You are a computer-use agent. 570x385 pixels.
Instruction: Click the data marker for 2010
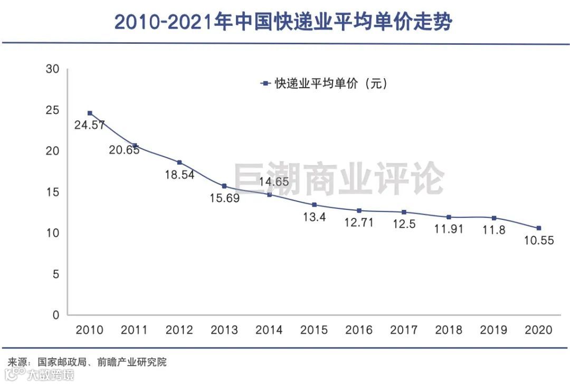click(90, 113)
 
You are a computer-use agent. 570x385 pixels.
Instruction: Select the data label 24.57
click(90, 125)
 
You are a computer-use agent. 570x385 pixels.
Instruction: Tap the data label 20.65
click(125, 150)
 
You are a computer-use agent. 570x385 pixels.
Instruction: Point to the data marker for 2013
click(224, 186)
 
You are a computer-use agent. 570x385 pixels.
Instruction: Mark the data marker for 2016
click(359, 210)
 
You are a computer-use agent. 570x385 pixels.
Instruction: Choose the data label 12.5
click(404, 224)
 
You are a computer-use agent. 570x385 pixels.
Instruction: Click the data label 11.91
click(449, 229)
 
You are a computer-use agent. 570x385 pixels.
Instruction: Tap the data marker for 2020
click(539, 228)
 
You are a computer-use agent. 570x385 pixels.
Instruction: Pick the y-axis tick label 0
click(56, 315)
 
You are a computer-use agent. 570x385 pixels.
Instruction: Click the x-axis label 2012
click(179, 330)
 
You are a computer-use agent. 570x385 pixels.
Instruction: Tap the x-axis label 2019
click(494, 330)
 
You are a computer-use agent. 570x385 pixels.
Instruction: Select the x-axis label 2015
click(314, 330)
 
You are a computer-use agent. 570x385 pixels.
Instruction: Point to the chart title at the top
click(284, 22)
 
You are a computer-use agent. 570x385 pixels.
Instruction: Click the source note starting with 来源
click(87, 362)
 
